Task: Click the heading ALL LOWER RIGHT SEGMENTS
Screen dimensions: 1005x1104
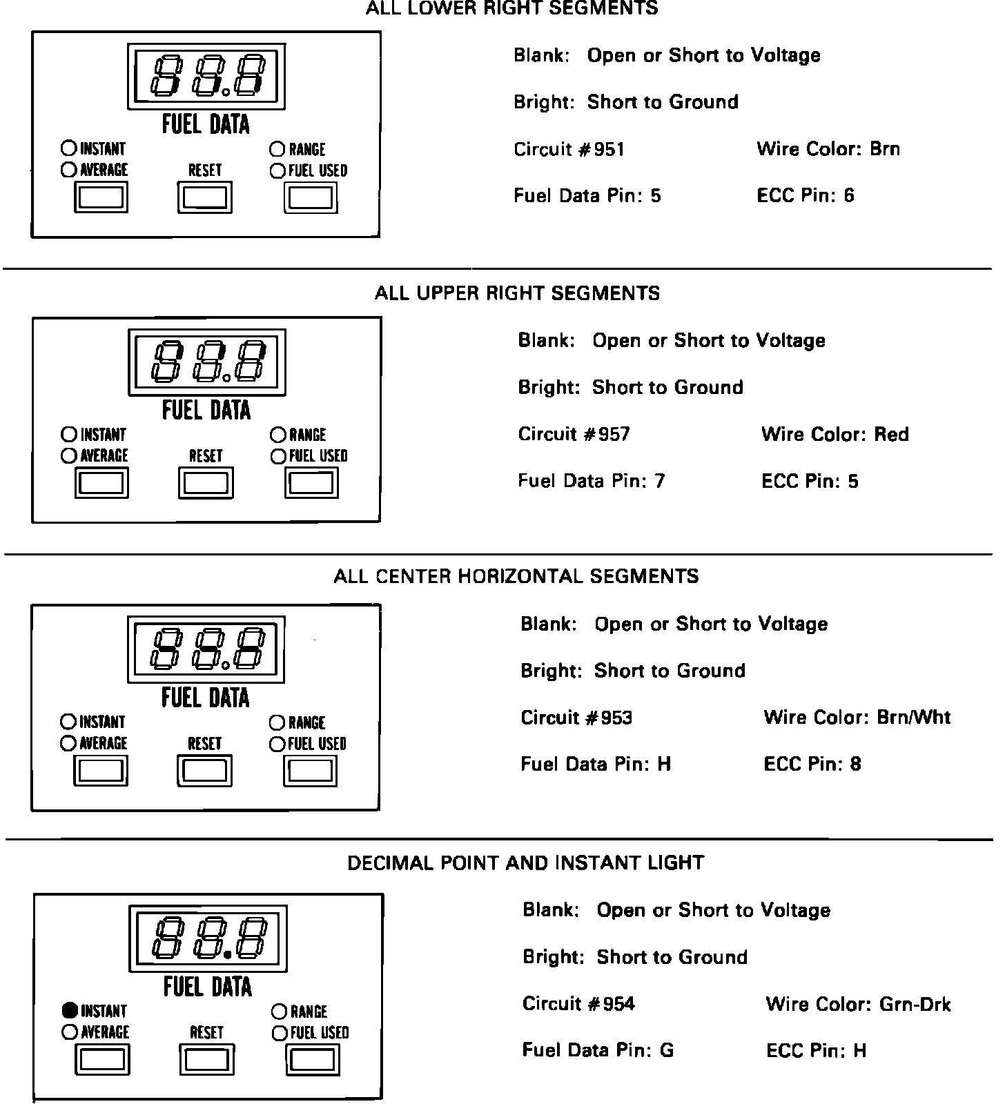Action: [x=511, y=9]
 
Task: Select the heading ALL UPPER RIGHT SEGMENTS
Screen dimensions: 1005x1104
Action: [x=517, y=293]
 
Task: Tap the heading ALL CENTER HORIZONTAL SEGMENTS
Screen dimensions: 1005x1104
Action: [x=516, y=576]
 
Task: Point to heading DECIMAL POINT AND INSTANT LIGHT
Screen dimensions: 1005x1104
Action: [x=525, y=863]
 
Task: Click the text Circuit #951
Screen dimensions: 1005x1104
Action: [x=569, y=150]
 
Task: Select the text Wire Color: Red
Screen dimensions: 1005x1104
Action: [x=835, y=434]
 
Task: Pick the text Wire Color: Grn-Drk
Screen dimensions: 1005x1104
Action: [x=858, y=1004]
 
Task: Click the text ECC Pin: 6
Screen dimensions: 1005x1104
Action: [x=806, y=196]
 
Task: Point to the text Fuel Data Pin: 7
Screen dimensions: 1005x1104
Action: [x=592, y=481]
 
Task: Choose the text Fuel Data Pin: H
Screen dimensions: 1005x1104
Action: [x=596, y=765]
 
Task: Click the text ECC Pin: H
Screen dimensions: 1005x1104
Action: [x=816, y=1051]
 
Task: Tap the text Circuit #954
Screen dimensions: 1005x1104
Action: [x=578, y=1004]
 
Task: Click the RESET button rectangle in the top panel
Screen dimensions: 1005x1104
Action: [x=206, y=198]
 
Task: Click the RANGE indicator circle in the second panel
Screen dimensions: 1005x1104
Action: [x=278, y=435]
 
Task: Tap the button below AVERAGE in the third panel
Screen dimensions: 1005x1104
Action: [x=101, y=771]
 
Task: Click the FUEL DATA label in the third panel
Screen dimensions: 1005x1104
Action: [x=206, y=698]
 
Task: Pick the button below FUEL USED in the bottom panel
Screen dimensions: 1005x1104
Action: [x=313, y=1059]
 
